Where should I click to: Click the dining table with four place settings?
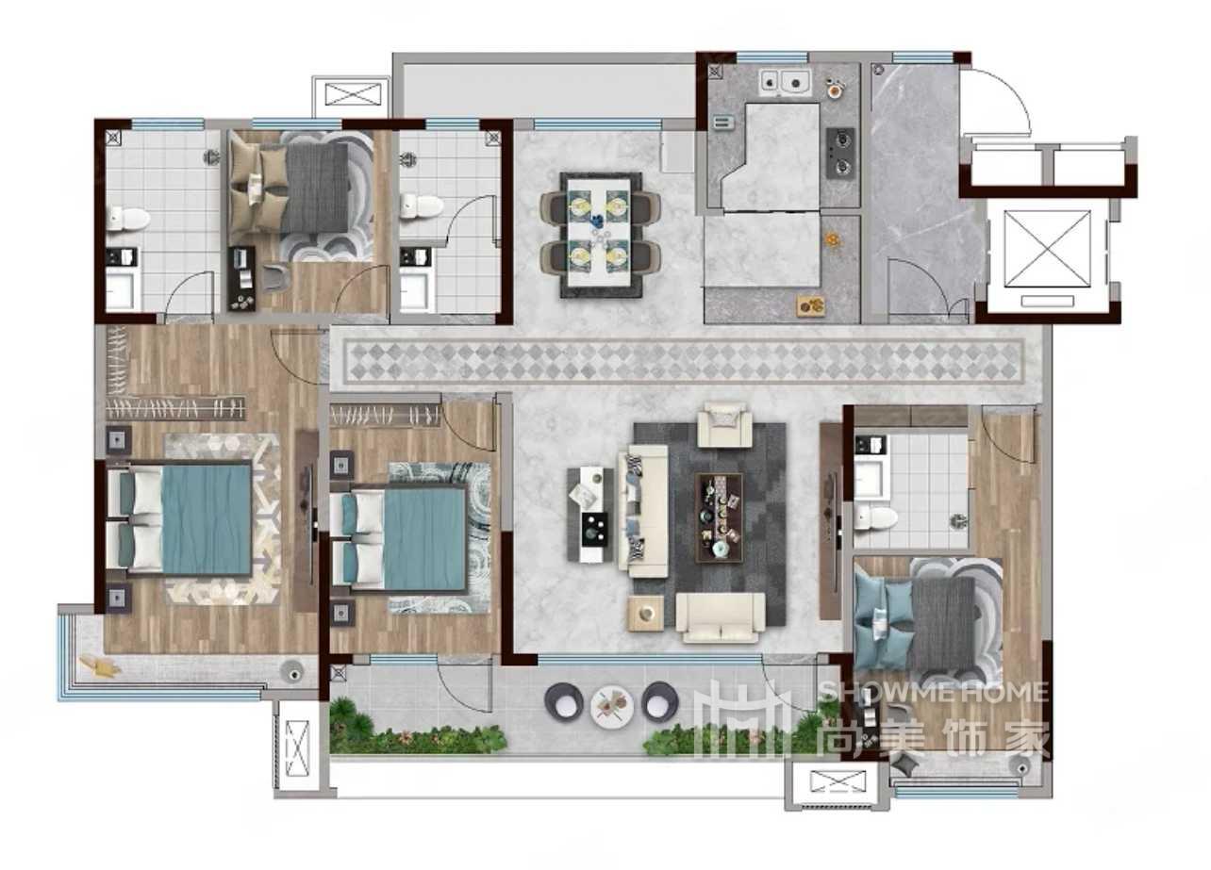pyautogui.click(x=599, y=235)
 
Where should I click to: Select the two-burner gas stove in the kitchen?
pyautogui.click(x=840, y=153)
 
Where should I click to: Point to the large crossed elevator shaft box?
pyautogui.click(x=1047, y=248)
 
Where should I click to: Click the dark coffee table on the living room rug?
pyautogui.click(x=719, y=517)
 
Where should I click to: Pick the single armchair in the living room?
pyautogui.click(x=724, y=425)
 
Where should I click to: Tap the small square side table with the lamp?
pyautogui.click(x=645, y=614)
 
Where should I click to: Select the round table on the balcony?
pyautogui.click(x=611, y=707)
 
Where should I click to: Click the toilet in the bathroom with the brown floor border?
pyautogui.click(x=876, y=517)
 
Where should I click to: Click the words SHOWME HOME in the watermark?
pyautogui.click(x=934, y=692)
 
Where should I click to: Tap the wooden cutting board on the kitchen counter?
pyautogui.click(x=811, y=305)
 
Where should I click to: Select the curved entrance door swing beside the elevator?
pyautogui.click(x=995, y=101)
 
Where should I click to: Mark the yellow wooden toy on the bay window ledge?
pyautogui.click(x=99, y=665)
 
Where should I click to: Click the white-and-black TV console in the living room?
pyautogui.click(x=589, y=515)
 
